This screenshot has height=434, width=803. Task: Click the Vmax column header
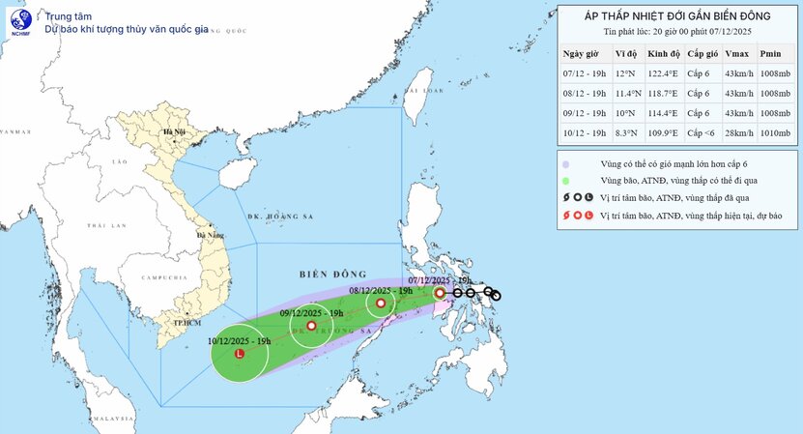tap(735, 54)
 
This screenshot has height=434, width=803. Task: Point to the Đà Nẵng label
tap(209, 234)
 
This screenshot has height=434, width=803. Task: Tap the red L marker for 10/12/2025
tap(240, 355)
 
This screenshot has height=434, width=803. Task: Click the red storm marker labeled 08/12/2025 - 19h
tap(381, 304)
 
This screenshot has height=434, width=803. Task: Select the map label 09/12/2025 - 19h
tap(312, 312)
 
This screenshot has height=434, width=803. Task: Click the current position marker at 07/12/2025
tap(440, 292)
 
